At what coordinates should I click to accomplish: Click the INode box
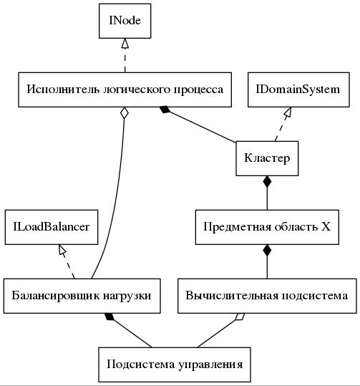[x=125, y=21]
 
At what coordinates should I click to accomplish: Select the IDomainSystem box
[x=298, y=90]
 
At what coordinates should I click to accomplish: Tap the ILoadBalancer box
[x=52, y=227]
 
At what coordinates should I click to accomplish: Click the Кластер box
[x=267, y=158]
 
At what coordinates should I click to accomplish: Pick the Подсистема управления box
[x=175, y=365]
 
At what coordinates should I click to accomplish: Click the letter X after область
[x=326, y=227]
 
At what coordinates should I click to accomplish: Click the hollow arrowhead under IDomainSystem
[x=288, y=112]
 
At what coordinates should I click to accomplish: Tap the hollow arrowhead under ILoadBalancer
[x=62, y=250]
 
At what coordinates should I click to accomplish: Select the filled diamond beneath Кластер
[x=267, y=182]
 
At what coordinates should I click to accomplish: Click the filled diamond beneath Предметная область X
[x=267, y=251]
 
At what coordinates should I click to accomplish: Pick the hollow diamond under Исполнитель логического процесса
[x=125, y=113]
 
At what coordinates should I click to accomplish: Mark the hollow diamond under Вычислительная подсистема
[x=240, y=317]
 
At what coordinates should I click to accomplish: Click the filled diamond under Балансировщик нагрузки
[x=110, y=317]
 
